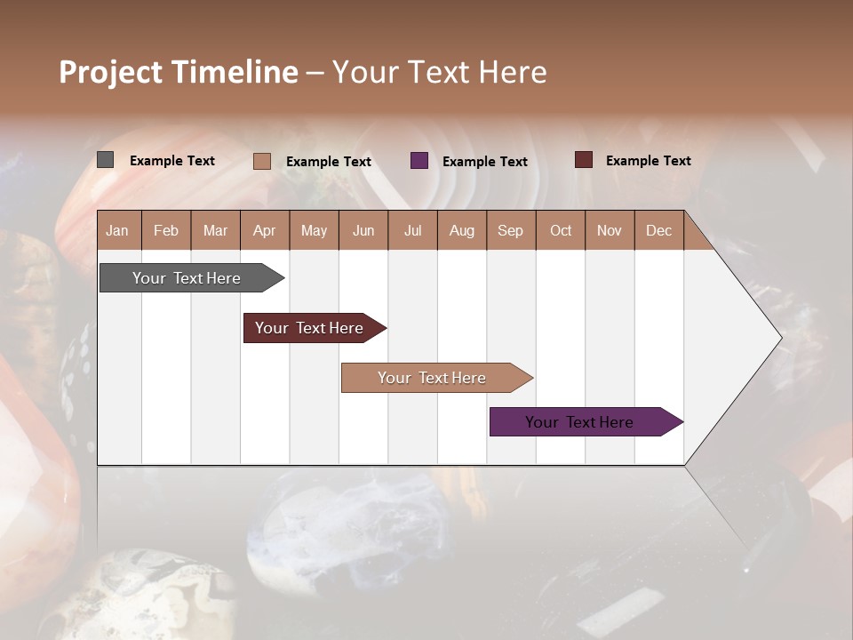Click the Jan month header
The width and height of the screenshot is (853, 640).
point(118,230)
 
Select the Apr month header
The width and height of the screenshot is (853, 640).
point(265,230)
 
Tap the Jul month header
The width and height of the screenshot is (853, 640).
point(412,230)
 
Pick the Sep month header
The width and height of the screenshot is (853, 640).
point(511,230)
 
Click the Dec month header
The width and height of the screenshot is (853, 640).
point(658,230)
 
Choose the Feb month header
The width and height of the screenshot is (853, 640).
point(166,230)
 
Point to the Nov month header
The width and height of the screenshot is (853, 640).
point(610,230)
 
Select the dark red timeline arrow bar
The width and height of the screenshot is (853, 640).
point(311,328)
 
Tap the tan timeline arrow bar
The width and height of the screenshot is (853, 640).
point(434,378)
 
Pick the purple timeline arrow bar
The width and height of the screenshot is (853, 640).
point(582,422)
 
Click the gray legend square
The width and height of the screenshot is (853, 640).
point(105,160)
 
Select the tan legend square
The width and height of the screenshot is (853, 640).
point(261,161)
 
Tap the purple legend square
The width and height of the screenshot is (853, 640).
point(419,161)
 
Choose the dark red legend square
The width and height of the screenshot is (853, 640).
point(583,160)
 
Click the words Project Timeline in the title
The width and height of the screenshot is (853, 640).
point(178,72)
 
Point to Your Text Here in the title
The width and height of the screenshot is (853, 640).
point(439,72)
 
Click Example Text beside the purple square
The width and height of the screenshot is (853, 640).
point(484,162)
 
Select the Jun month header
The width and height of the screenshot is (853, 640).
point(363,230)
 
